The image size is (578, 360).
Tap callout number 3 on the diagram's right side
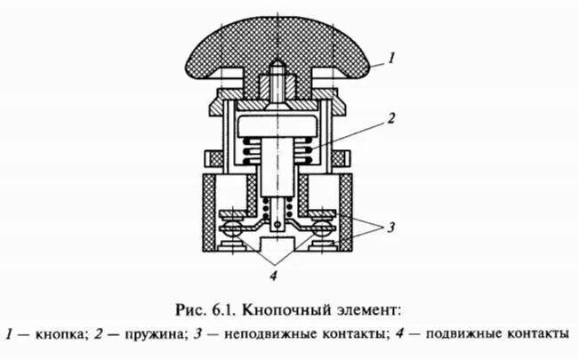389,226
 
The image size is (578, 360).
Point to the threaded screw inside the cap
278,83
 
